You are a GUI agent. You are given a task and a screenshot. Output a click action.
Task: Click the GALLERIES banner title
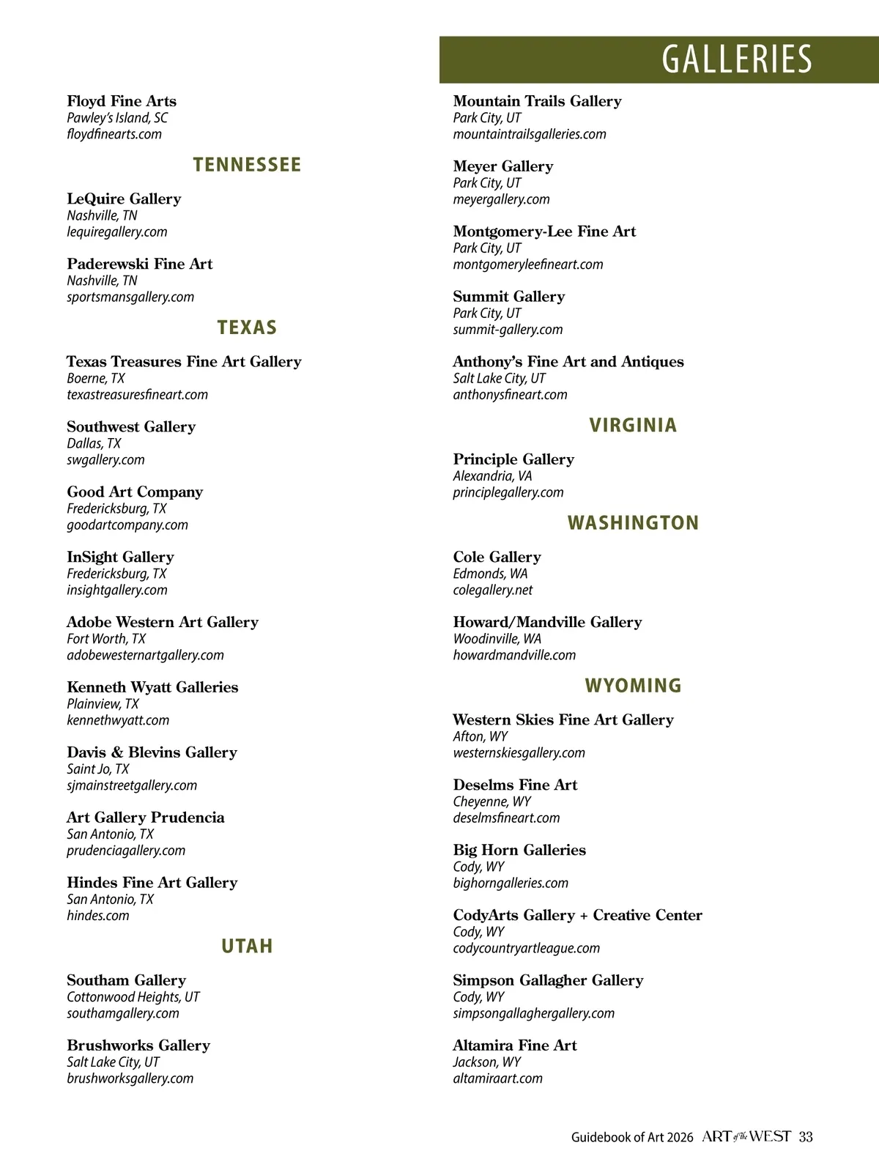point(737,59)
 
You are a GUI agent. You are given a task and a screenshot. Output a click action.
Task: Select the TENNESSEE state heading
point(247,165)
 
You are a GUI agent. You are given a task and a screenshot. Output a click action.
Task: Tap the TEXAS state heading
point(247,327)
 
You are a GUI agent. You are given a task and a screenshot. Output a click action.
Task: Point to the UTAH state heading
point(247,947)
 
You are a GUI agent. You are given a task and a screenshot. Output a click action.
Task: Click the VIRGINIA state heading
point(633,426)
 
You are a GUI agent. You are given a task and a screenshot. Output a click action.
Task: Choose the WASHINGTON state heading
point(633,523)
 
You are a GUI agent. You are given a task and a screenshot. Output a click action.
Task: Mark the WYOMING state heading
point(633,686)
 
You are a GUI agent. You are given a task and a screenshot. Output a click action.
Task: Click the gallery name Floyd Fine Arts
point(122,101)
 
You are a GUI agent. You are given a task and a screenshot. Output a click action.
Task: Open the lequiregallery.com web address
point(117,232)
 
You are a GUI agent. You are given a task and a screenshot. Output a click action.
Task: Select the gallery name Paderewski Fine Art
point(140,264)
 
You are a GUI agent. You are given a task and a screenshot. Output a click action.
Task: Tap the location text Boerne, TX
point(96,379)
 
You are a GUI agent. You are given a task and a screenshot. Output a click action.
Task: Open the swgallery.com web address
point(105,460)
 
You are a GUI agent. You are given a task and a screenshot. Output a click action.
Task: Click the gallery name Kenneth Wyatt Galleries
point(152,687)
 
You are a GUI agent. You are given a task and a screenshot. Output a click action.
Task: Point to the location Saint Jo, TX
point(98,769)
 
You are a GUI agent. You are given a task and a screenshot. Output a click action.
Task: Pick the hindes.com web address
point(98,916)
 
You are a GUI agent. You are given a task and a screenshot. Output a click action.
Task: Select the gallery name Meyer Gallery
point(503,166)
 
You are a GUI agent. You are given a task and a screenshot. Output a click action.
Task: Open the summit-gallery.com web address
point(508,330)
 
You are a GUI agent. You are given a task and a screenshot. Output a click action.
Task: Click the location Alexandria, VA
point(492,476)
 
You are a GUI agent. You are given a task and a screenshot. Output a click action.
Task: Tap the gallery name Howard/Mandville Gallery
point(547,622)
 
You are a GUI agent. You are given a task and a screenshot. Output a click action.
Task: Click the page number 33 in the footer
point(806,1137)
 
